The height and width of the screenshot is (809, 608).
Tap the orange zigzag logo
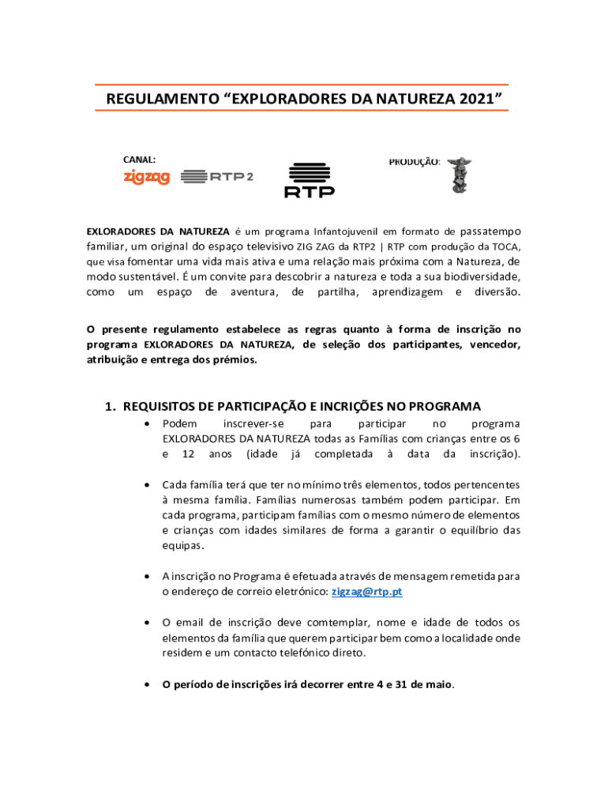147,178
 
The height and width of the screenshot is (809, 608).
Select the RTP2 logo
217,177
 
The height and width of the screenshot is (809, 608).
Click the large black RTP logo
309,180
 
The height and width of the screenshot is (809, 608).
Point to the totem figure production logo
458,175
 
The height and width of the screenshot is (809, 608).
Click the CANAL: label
139,160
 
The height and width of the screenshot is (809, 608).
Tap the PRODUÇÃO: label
414,161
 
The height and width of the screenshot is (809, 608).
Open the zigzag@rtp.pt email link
367,592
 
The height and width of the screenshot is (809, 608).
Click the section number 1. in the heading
111,406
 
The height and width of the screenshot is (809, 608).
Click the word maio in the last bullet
437,685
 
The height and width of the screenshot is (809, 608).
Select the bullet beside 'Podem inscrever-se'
148,425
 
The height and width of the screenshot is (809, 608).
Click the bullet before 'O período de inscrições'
148,685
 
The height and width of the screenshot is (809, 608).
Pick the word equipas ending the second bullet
182,545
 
